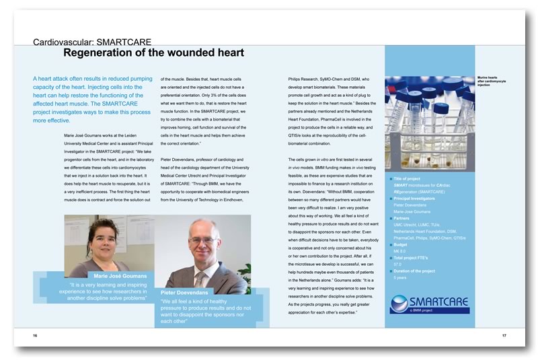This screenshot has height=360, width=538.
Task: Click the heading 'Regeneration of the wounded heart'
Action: click(153, 53)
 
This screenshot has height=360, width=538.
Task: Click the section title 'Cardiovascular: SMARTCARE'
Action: click(91, 42)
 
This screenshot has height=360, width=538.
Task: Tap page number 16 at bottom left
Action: click(35, 334)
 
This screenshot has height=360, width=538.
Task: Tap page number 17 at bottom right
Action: click(503, 334)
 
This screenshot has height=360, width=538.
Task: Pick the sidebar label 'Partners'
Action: click(403, 218)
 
